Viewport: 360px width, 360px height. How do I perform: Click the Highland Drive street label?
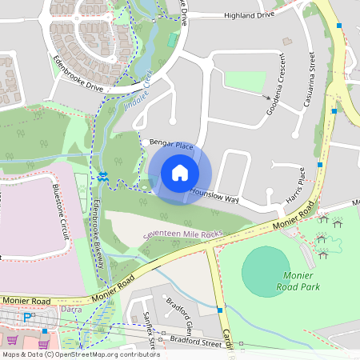click(249, 14)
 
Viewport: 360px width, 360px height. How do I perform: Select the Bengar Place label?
click(172, 144)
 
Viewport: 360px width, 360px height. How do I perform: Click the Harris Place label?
click(295, 185)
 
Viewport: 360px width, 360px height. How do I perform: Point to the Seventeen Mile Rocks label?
click(182, 234)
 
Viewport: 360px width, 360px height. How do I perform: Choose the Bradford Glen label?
click(181, 317)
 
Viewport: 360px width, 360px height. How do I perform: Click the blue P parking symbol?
click(27, 317)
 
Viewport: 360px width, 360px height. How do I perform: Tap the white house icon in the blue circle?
click(180, 172)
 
